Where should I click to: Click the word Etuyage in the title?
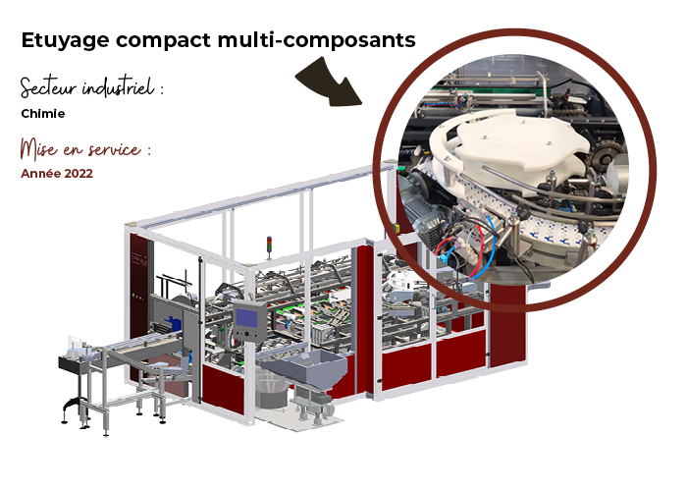66,41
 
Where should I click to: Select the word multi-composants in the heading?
316,41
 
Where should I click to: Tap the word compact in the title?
164,41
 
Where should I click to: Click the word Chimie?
43,114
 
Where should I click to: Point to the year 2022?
79,174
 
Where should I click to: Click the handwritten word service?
115,150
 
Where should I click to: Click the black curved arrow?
329,82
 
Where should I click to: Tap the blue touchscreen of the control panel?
246,317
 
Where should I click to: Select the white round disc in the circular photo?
513,140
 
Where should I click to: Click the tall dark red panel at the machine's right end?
507,324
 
